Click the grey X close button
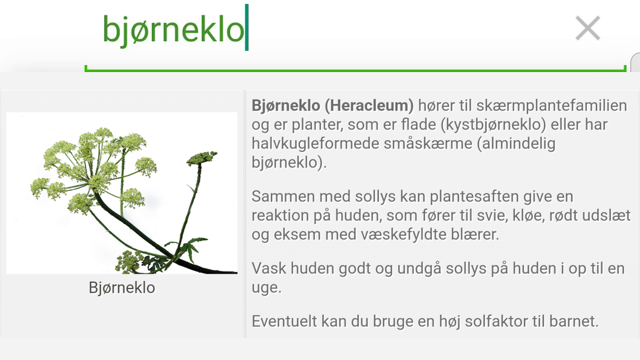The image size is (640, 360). (x=588, y=28)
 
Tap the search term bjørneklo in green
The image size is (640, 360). (x=173, y=30)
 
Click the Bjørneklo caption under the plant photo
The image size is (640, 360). (x=122, y=287)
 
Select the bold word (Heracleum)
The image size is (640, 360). (x=369, y=106)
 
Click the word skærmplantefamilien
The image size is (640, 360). (x=551, y=106)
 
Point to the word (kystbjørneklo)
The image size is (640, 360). (x=493, y=125)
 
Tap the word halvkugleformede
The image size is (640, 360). (x=315, y=143)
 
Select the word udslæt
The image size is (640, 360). (x=606, y=215)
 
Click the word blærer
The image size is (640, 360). (x=475, y=235)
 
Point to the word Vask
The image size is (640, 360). (x=269, y=268)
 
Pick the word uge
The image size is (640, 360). (x=267, y=288)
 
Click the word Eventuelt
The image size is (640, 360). (x=284, y=321)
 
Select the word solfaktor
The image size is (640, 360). (x=496, y=321)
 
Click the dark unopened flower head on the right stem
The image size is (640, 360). (x=202, y=157)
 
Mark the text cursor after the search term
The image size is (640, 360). (x=247, y=27)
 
